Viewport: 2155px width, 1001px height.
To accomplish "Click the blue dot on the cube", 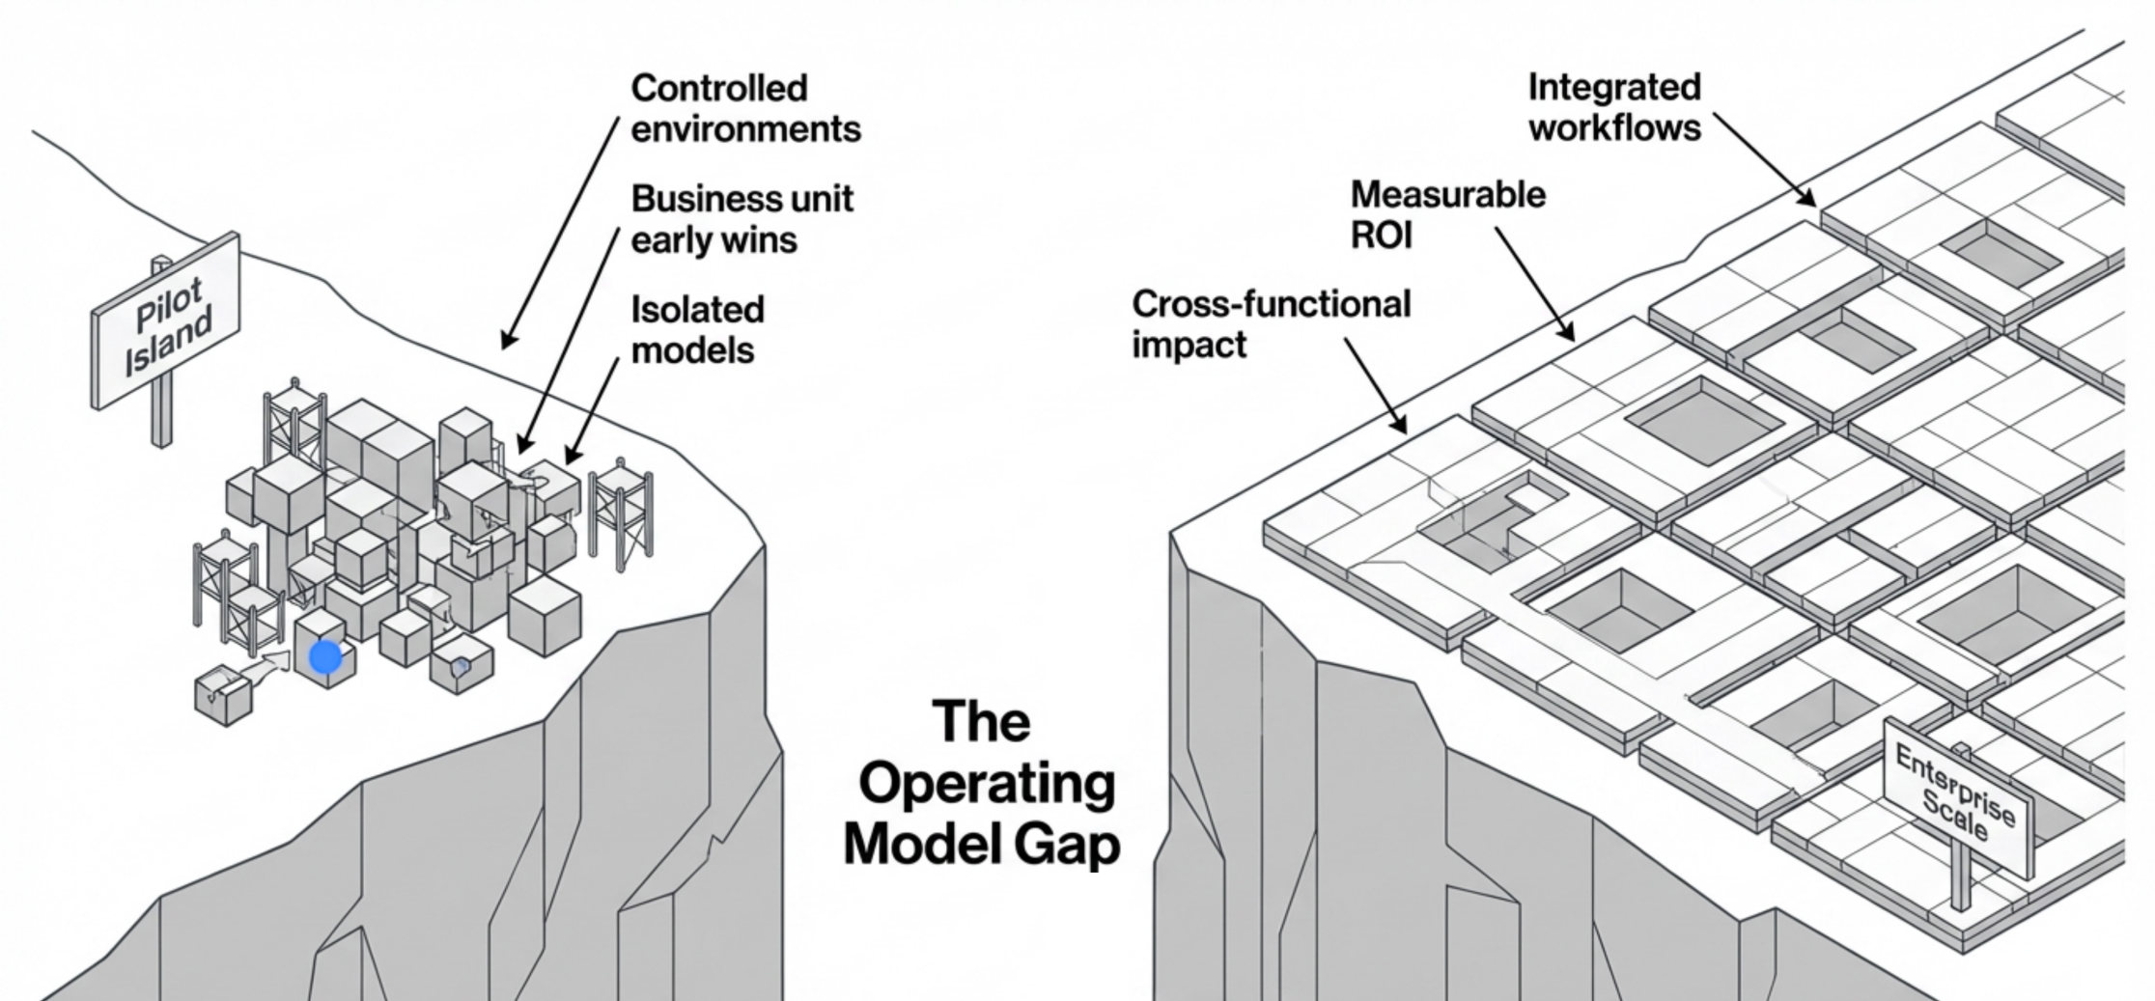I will [325, 657].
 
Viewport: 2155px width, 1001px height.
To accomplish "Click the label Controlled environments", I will [744, 108].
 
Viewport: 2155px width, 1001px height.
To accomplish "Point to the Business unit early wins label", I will [741, 219].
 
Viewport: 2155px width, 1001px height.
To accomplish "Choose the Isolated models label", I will [696, 329].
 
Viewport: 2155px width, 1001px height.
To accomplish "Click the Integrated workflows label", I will [1613, 107].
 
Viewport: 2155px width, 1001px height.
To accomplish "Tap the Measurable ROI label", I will [1446, 214].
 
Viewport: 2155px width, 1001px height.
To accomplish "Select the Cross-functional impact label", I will [1270, 323].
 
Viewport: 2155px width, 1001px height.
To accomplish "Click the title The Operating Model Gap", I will [981, 783].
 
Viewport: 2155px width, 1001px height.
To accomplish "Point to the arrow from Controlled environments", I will [560, 232].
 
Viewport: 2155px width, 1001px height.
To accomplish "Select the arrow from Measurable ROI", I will [1535, 285].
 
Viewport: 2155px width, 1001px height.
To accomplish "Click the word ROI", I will [1381, 235].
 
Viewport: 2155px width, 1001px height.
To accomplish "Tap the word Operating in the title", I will [987, 785].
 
